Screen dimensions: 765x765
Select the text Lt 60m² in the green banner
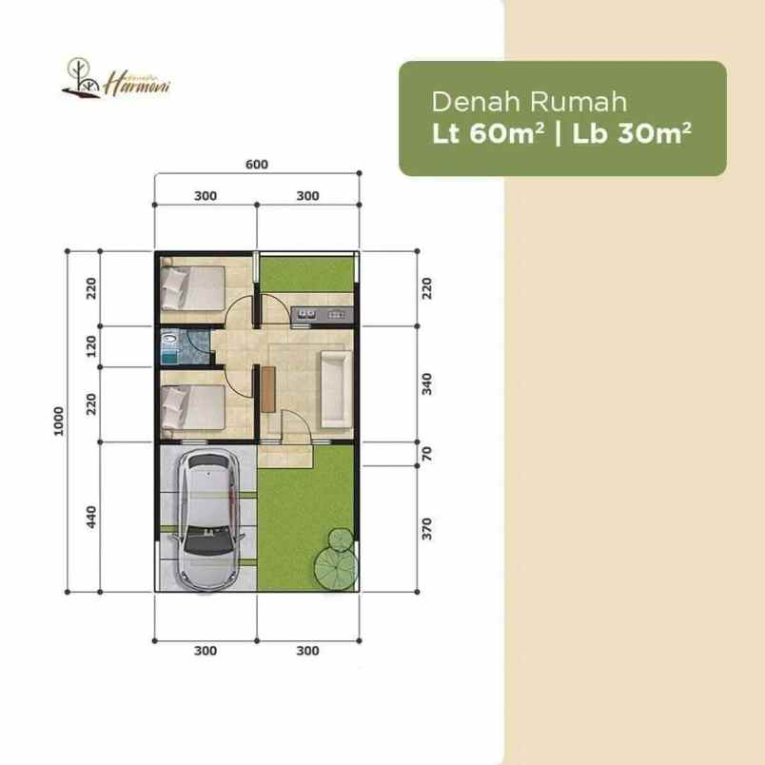[x=487, y=134]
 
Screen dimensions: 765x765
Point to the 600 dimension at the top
[x=257, y=164]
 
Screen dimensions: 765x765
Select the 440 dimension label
[x=92, y=518]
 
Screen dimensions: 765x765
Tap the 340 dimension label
[x=426, y=384]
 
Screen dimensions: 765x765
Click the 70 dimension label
[x=426, y=455]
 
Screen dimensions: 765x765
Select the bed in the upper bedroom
[x=193, y=286]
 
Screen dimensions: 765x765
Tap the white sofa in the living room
[x=336, y=388]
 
